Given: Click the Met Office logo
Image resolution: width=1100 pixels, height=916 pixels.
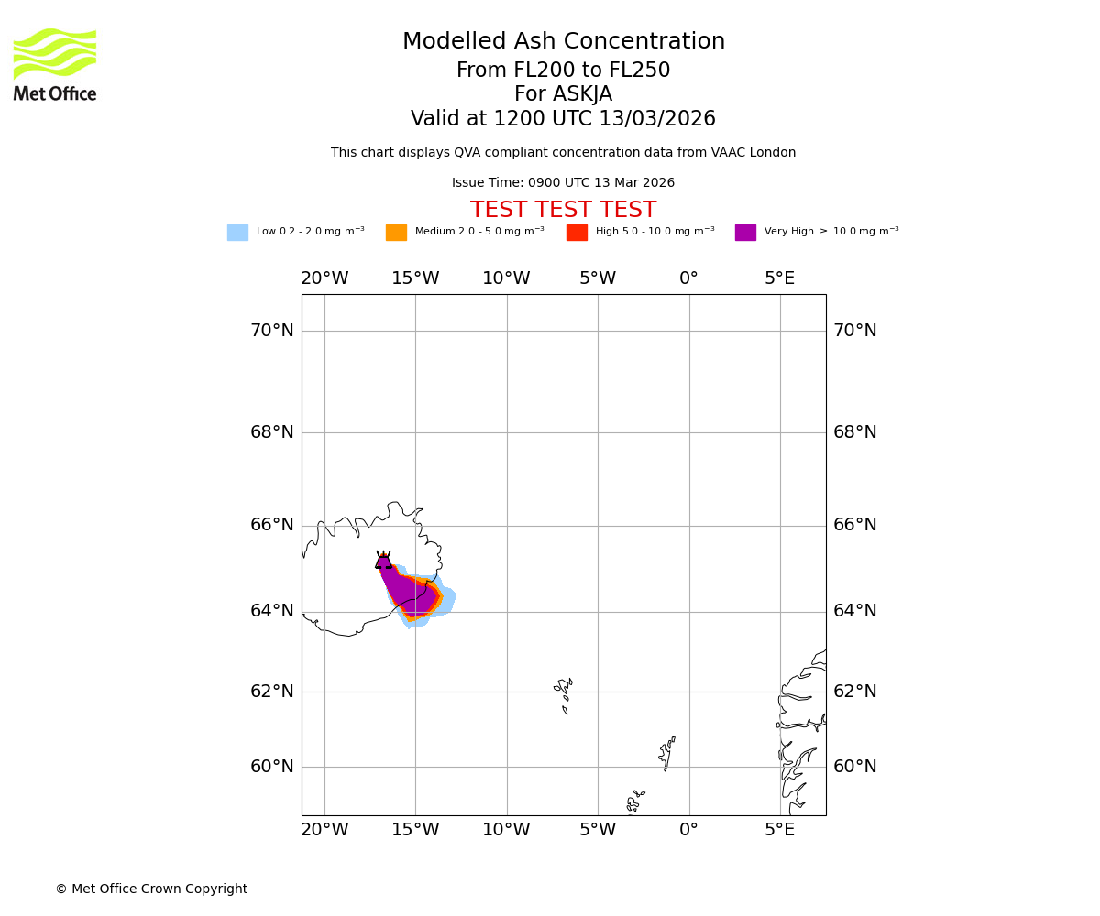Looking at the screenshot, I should (x=55, y=64).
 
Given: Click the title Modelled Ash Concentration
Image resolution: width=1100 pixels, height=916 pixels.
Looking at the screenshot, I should (x=563, y=42).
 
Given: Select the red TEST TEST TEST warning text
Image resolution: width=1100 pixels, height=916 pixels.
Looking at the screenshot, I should (x=563, y=211).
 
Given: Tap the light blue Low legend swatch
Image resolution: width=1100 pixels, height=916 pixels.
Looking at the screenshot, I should (x=237, y=233).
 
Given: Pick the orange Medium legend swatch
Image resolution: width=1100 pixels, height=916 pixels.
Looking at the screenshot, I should (x=396, y=233).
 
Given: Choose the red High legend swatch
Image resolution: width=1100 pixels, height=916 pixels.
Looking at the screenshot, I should (x=577, y=233).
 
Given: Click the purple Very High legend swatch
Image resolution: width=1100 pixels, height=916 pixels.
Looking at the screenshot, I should (x=745, y=233).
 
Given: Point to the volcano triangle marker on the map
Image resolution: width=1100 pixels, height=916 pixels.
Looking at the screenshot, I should (x=383, y=561).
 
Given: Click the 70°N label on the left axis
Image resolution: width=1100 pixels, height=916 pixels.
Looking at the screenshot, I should (x=272, y=331).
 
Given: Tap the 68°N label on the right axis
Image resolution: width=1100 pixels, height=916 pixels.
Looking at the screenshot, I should (x=854, y=432).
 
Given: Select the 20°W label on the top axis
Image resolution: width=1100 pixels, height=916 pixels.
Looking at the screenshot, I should (x=324, y=278).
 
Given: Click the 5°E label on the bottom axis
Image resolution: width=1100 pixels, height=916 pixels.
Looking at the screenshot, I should (x=780, y=830).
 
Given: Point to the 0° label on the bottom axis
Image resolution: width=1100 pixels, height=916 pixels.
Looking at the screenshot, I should (x=688, y=830).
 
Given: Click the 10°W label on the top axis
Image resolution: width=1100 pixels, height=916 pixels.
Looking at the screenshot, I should (x=506, y=278).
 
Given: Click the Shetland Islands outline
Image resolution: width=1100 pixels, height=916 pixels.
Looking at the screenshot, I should (x=667, y=752).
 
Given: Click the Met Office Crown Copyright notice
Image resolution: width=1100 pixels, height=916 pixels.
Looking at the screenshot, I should (x=151, y=889).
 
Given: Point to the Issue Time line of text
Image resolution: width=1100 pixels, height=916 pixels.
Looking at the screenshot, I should (x=563, y=183).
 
